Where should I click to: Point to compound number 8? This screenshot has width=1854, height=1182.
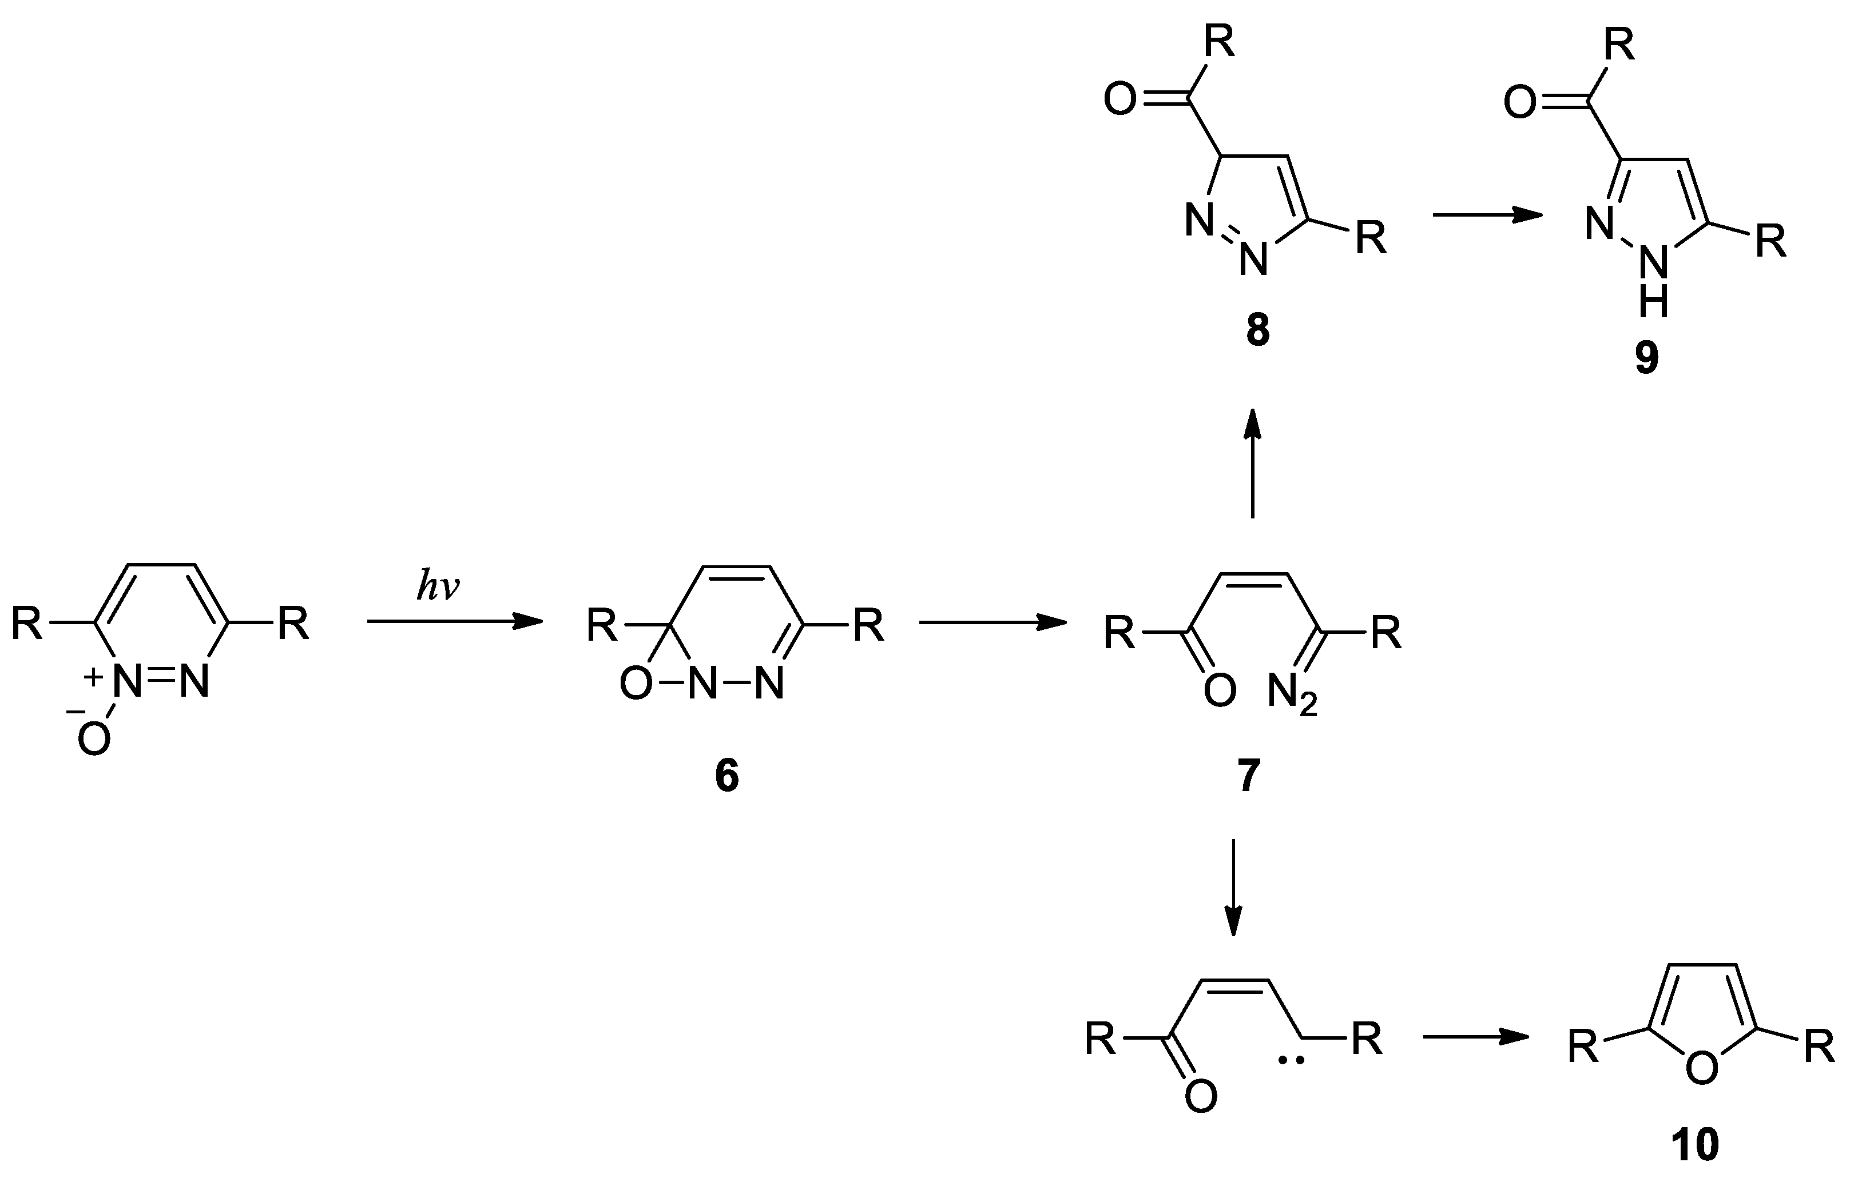(1257, 330)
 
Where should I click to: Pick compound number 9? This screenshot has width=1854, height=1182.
(1647, 358)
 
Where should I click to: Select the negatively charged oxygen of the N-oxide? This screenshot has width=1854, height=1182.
(94, 740)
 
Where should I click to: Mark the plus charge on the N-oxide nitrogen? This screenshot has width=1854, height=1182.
(93, 677)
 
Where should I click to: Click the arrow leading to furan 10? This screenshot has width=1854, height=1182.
(1475, 1037)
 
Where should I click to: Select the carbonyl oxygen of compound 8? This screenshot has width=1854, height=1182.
(1120, 100)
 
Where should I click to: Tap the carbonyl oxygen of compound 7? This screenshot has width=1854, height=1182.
(1220, 691)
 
